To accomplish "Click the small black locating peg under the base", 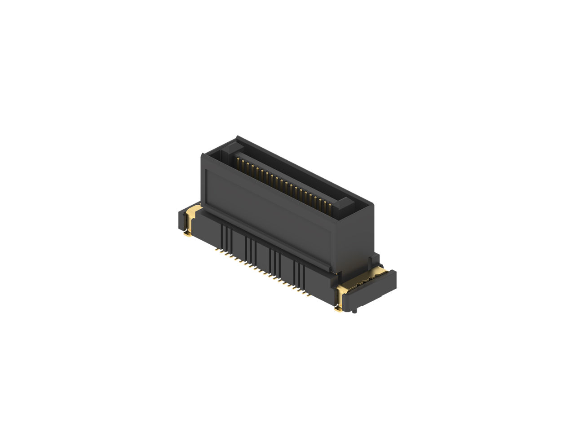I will [355, 312].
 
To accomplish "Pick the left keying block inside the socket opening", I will [233, 149].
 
